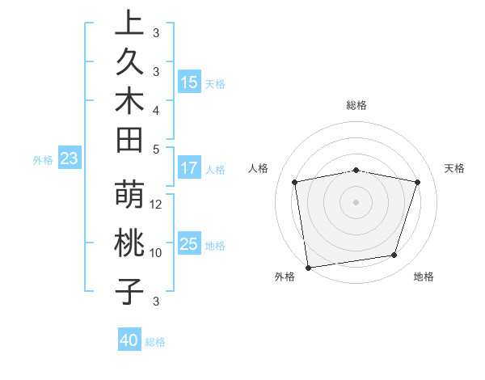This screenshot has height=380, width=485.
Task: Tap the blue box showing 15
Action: [x=189, y=82]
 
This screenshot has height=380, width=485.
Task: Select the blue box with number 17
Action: [x=189, y=169]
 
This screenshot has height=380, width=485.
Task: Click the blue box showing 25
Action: [x=189, y=244]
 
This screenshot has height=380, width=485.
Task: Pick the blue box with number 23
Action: [x=69, y=159]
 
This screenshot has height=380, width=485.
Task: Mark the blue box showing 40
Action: [x=129, y=340]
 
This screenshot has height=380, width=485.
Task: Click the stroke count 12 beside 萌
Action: [x=157, y=204]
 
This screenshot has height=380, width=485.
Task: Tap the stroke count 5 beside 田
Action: [x=156, y=148]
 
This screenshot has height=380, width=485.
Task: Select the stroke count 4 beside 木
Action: [x=156, y=109]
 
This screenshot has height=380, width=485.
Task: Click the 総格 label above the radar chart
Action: [x=356, y=105]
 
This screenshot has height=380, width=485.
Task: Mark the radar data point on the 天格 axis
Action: [x=418, y=182]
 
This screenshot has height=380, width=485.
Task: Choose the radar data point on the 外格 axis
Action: [x=308, y=267]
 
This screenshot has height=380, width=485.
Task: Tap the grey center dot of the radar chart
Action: [x=356, y=201]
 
